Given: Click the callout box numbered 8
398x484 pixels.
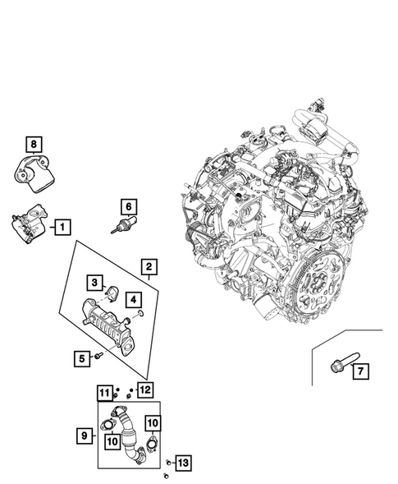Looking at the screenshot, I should [34, 145].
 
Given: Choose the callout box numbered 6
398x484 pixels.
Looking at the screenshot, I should [127, 205].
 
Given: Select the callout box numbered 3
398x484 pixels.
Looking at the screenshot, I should [95, 283].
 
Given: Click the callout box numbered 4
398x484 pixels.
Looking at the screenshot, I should [131, 300].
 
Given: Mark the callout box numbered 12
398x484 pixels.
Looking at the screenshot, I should [144, 390].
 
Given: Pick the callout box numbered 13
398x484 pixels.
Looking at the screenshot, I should [183, 464].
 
